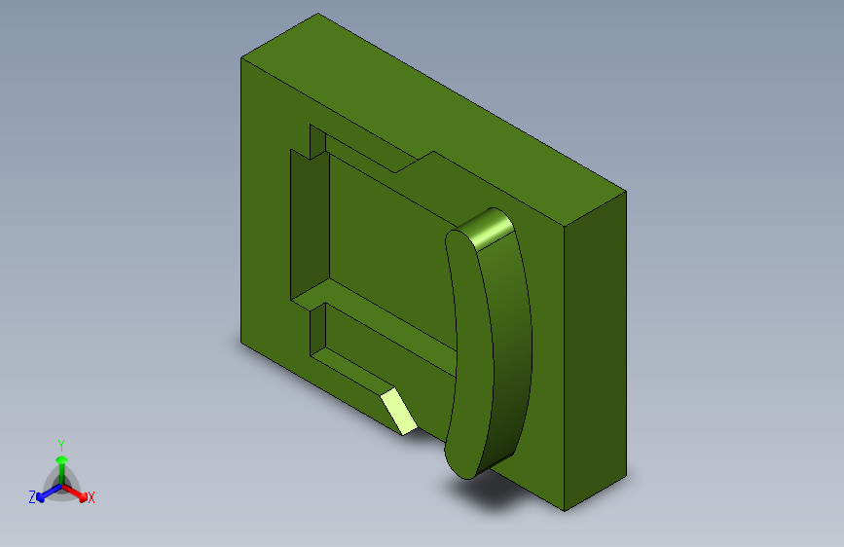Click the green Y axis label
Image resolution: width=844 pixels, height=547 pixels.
point(60,446)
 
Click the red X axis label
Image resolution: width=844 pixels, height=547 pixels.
point(91,497)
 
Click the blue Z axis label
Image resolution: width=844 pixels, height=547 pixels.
point(32,497)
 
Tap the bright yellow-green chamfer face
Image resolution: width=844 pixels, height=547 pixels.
point(399,412)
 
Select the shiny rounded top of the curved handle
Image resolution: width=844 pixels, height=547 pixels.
point(488,229)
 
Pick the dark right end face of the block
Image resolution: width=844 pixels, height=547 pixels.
point(596,350)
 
